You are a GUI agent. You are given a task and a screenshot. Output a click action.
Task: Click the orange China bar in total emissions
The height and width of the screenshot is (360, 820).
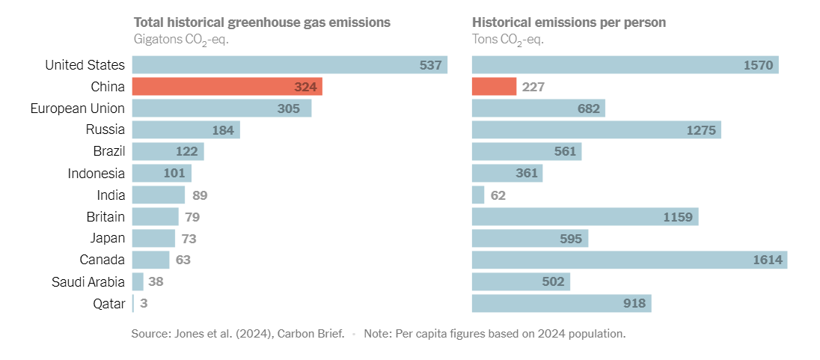pyautogui.click(x=227, y=87)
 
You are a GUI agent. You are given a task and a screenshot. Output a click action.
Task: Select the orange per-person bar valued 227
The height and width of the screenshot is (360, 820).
pyautogui.click(x=494, y=87)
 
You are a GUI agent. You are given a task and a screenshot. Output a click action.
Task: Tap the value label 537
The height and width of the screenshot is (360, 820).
pyautogui.click(x=430, y=65)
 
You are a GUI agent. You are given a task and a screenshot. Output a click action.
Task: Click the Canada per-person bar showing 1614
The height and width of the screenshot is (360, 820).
pyautogui.click(x=628, y=260)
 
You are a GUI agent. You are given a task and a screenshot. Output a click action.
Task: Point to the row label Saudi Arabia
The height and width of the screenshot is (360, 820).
pyautogui.click(x=88, y=281)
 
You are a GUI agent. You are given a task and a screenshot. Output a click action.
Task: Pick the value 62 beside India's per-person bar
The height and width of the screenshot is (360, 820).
pyautogui.click(x=498, y=195)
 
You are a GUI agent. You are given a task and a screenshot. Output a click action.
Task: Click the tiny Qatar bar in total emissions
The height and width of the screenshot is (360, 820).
pyautogui.click(x=133, y=303)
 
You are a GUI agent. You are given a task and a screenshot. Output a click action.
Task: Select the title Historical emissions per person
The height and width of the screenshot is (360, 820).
pyautogui.click(x=569, y=22)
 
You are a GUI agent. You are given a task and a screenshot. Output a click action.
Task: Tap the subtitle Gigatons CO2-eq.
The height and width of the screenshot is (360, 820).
pyautogui.click(x=180, y=40)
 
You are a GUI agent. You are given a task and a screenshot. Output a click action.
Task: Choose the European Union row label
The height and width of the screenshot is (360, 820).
pyautogui.click(x=78, y=109)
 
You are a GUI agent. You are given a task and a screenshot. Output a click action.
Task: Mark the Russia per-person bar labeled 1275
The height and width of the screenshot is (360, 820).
pyautogui.click(x=596, y=130)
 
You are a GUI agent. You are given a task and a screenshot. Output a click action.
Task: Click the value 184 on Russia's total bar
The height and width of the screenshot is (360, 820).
pyautogui.click(x=223, y=130)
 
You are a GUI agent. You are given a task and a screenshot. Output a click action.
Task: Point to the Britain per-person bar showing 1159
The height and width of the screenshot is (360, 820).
pyautogui.click(x=585, y=217)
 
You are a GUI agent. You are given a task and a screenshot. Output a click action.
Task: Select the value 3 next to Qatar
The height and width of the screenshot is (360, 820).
pyautogui.click(x=144, y=303)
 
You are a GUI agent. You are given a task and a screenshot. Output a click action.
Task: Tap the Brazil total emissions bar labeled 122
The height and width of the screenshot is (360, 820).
pyautogui.click(x=168, y=152)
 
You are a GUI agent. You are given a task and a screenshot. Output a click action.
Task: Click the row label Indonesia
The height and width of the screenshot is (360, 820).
pyautogui.click(x=97, y=174)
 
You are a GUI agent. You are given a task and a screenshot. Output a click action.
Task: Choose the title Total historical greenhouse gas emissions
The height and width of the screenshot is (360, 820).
pyautogui.click(x=262, y=22)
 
